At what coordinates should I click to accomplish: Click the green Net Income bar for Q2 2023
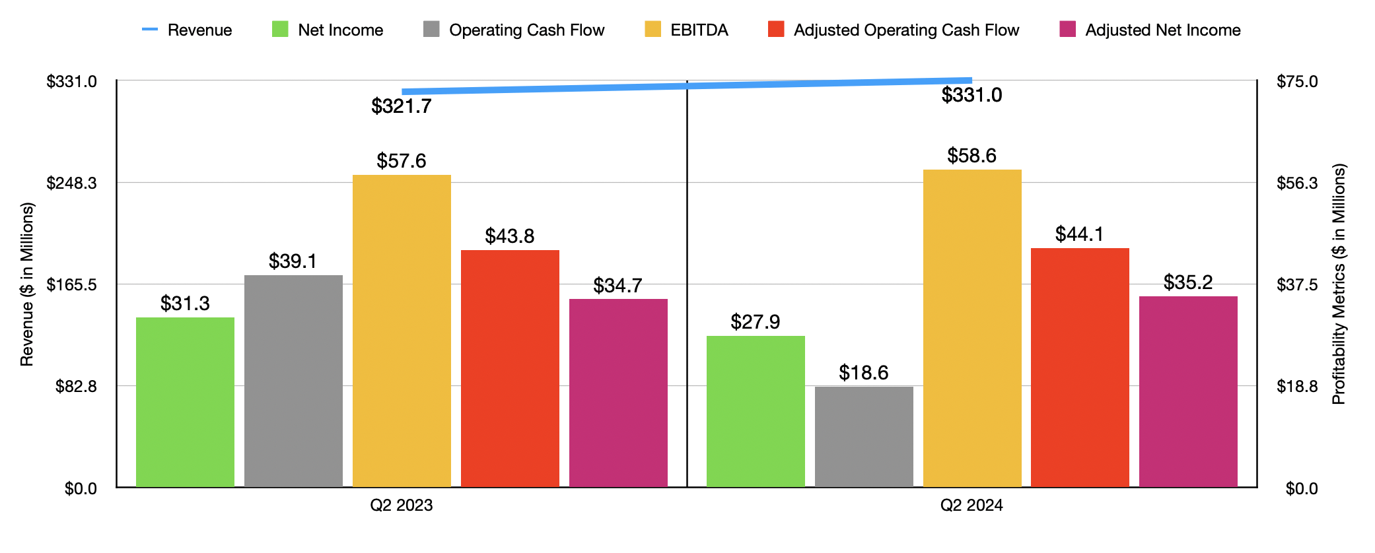tap(185, 403)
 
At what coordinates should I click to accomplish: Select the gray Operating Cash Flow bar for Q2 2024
tap(864, 437)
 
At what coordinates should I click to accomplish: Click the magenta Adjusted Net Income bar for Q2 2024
tap(1188, 392)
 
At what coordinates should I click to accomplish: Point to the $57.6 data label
tap(402, 161)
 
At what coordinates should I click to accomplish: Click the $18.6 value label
tap(864, 373)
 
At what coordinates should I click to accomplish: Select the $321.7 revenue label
tap(402, 106)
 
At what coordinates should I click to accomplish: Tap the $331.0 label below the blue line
tap(971, 95)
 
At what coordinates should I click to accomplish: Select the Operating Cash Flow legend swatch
tap(431, 30)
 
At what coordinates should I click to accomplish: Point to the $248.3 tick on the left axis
tap(71, 183)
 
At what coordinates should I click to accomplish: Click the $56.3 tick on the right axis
tap(1297, 183)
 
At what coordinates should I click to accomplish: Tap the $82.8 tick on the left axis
tap(76, 386)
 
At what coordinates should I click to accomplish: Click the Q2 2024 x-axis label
tap(971, 505)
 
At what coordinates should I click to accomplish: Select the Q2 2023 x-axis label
tap(402, 505)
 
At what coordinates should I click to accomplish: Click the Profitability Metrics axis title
tap(1339, 284)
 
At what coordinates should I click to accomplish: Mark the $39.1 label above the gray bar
tap(293, 261)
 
